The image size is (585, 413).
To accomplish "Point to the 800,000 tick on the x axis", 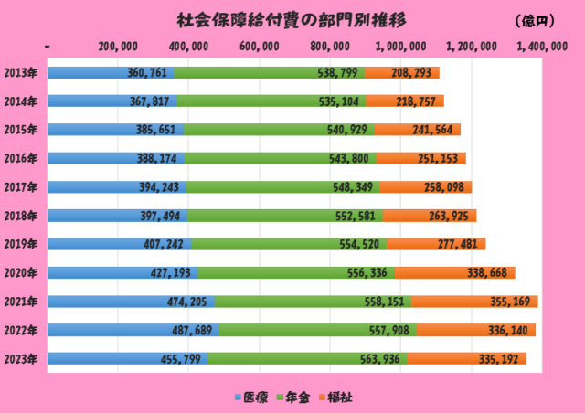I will coord(329,48).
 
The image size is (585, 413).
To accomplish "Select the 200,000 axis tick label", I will coord(118,48).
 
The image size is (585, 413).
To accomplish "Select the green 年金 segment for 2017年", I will coord(274,187).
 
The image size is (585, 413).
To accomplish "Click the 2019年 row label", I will coord(20,244).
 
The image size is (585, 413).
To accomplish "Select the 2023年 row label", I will coord(20,359).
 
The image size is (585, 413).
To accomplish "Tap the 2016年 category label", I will coord(20,158).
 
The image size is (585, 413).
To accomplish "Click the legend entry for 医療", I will coord(250,397).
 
